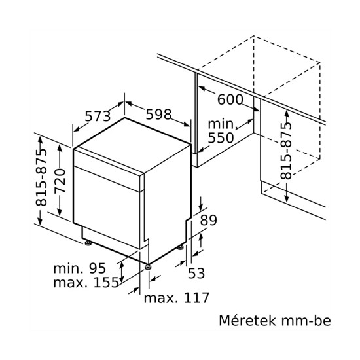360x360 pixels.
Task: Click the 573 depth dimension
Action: (98, 116)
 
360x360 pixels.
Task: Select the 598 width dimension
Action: (158, 114)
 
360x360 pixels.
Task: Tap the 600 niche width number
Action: (230, 99)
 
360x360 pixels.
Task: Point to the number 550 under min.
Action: (221, 137)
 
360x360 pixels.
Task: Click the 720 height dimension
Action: (60, 181)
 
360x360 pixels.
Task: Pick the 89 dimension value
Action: (208, 220)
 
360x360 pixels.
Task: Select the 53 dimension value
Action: (196, 273)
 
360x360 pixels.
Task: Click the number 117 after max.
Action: (197, 298)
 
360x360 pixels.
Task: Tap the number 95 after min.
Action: (98, 268)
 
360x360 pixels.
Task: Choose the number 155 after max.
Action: (106, 282)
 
